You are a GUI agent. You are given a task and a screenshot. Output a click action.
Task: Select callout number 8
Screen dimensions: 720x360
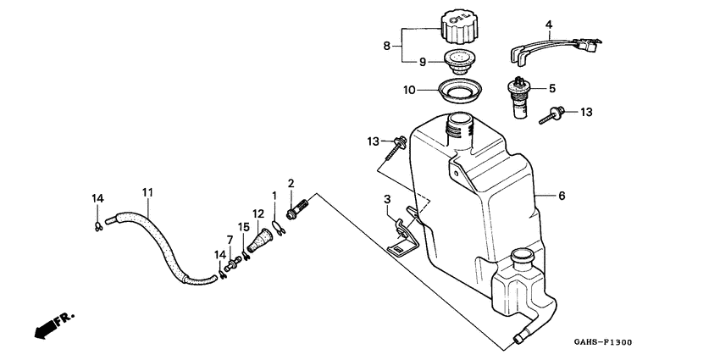point(386,46)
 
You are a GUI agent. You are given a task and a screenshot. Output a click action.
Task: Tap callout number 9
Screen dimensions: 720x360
point(423,62)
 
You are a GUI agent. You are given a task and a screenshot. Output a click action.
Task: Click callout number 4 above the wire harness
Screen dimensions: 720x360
point(549,23)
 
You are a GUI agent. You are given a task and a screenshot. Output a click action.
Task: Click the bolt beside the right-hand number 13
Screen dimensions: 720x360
point(551,116)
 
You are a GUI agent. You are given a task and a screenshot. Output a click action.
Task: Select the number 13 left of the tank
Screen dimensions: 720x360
point(373,141)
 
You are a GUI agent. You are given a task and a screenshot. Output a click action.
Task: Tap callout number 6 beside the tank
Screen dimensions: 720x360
point(561,196)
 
